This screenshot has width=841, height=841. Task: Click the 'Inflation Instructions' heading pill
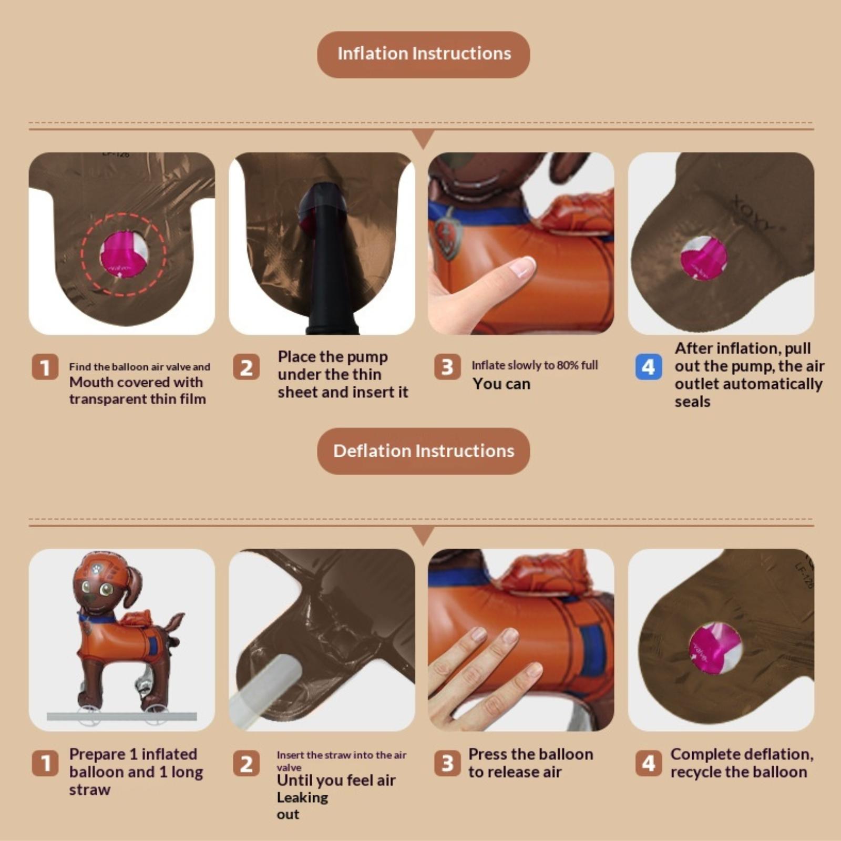point(424,54)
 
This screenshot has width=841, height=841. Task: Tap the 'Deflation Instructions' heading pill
point(424,451)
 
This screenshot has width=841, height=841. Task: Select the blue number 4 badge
point(648,367)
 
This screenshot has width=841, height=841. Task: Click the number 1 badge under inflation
point(45,367)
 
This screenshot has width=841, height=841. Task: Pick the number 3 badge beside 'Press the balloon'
point(447,763)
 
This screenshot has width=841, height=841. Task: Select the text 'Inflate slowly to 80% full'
point(535,365)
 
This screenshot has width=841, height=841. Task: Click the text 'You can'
point(501,384)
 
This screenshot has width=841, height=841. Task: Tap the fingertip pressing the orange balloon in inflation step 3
point(522,267)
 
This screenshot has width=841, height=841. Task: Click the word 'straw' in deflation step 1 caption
point(90,790)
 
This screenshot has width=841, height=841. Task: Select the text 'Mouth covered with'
point(136,382)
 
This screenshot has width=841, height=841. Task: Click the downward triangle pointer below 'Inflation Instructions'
point(424,139)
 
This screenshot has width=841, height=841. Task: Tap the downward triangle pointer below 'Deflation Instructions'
point(424,536)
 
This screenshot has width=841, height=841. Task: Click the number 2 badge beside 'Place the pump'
point(247,367)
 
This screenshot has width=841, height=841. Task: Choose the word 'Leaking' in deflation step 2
point(302,797)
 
